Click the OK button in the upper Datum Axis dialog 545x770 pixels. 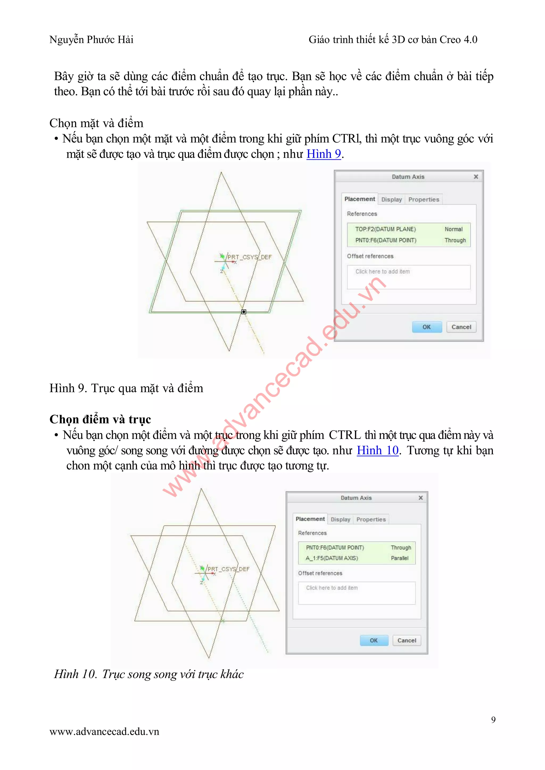click(427, 327)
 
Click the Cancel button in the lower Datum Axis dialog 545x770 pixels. click(406, 640)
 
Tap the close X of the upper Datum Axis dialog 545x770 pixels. click(476, 176)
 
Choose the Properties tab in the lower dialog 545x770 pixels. click(371, 519)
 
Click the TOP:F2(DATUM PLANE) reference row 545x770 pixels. click(386, 229)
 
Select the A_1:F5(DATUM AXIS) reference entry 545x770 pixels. click(332, 558)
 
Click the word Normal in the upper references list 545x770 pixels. click(453, 229)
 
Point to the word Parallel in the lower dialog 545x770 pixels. click(400, 558)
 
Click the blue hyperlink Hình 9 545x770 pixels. click(324, 154)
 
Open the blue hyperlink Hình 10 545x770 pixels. click(378, 450)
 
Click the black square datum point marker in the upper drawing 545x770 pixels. click(244, 312)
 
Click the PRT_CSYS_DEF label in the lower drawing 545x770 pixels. click(229, 569)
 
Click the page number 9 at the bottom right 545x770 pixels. click(493, 719)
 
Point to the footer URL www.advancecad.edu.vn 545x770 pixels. click(104, 732)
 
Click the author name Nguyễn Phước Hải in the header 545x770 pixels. click(91, 40)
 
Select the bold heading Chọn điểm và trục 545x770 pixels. click(100, 419)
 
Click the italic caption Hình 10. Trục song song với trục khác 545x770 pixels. click(149, 674)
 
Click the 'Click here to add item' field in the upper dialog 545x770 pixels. click(408, 277)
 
